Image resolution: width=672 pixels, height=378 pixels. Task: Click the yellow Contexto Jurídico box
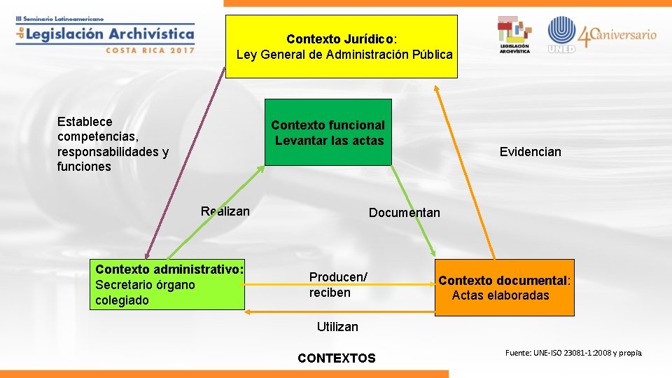click(342, 46)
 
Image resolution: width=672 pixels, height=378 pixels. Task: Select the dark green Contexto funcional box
click(328, 133)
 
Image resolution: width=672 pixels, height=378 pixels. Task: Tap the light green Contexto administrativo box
click(169, 285)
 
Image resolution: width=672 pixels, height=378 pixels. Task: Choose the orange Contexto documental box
click(504, 288)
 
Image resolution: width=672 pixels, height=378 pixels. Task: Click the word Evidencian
click(530, 152)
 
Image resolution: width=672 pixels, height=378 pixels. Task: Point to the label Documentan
click(405, 213)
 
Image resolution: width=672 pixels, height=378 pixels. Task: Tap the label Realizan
click(225, 211)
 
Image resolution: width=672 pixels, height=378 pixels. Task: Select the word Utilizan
click(337, 326)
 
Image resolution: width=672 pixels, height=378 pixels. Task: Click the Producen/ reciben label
click(338, 285)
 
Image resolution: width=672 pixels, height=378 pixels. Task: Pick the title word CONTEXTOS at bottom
click(336, 358)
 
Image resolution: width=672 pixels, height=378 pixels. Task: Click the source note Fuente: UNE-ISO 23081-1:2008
click(573, 353)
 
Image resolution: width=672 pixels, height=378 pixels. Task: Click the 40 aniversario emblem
click(617, 35)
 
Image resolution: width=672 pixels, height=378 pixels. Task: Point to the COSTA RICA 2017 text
click(150, 50)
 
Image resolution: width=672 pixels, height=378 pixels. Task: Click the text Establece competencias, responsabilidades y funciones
click(113, 144)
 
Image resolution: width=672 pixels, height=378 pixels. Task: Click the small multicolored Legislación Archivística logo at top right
click(514, 34)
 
